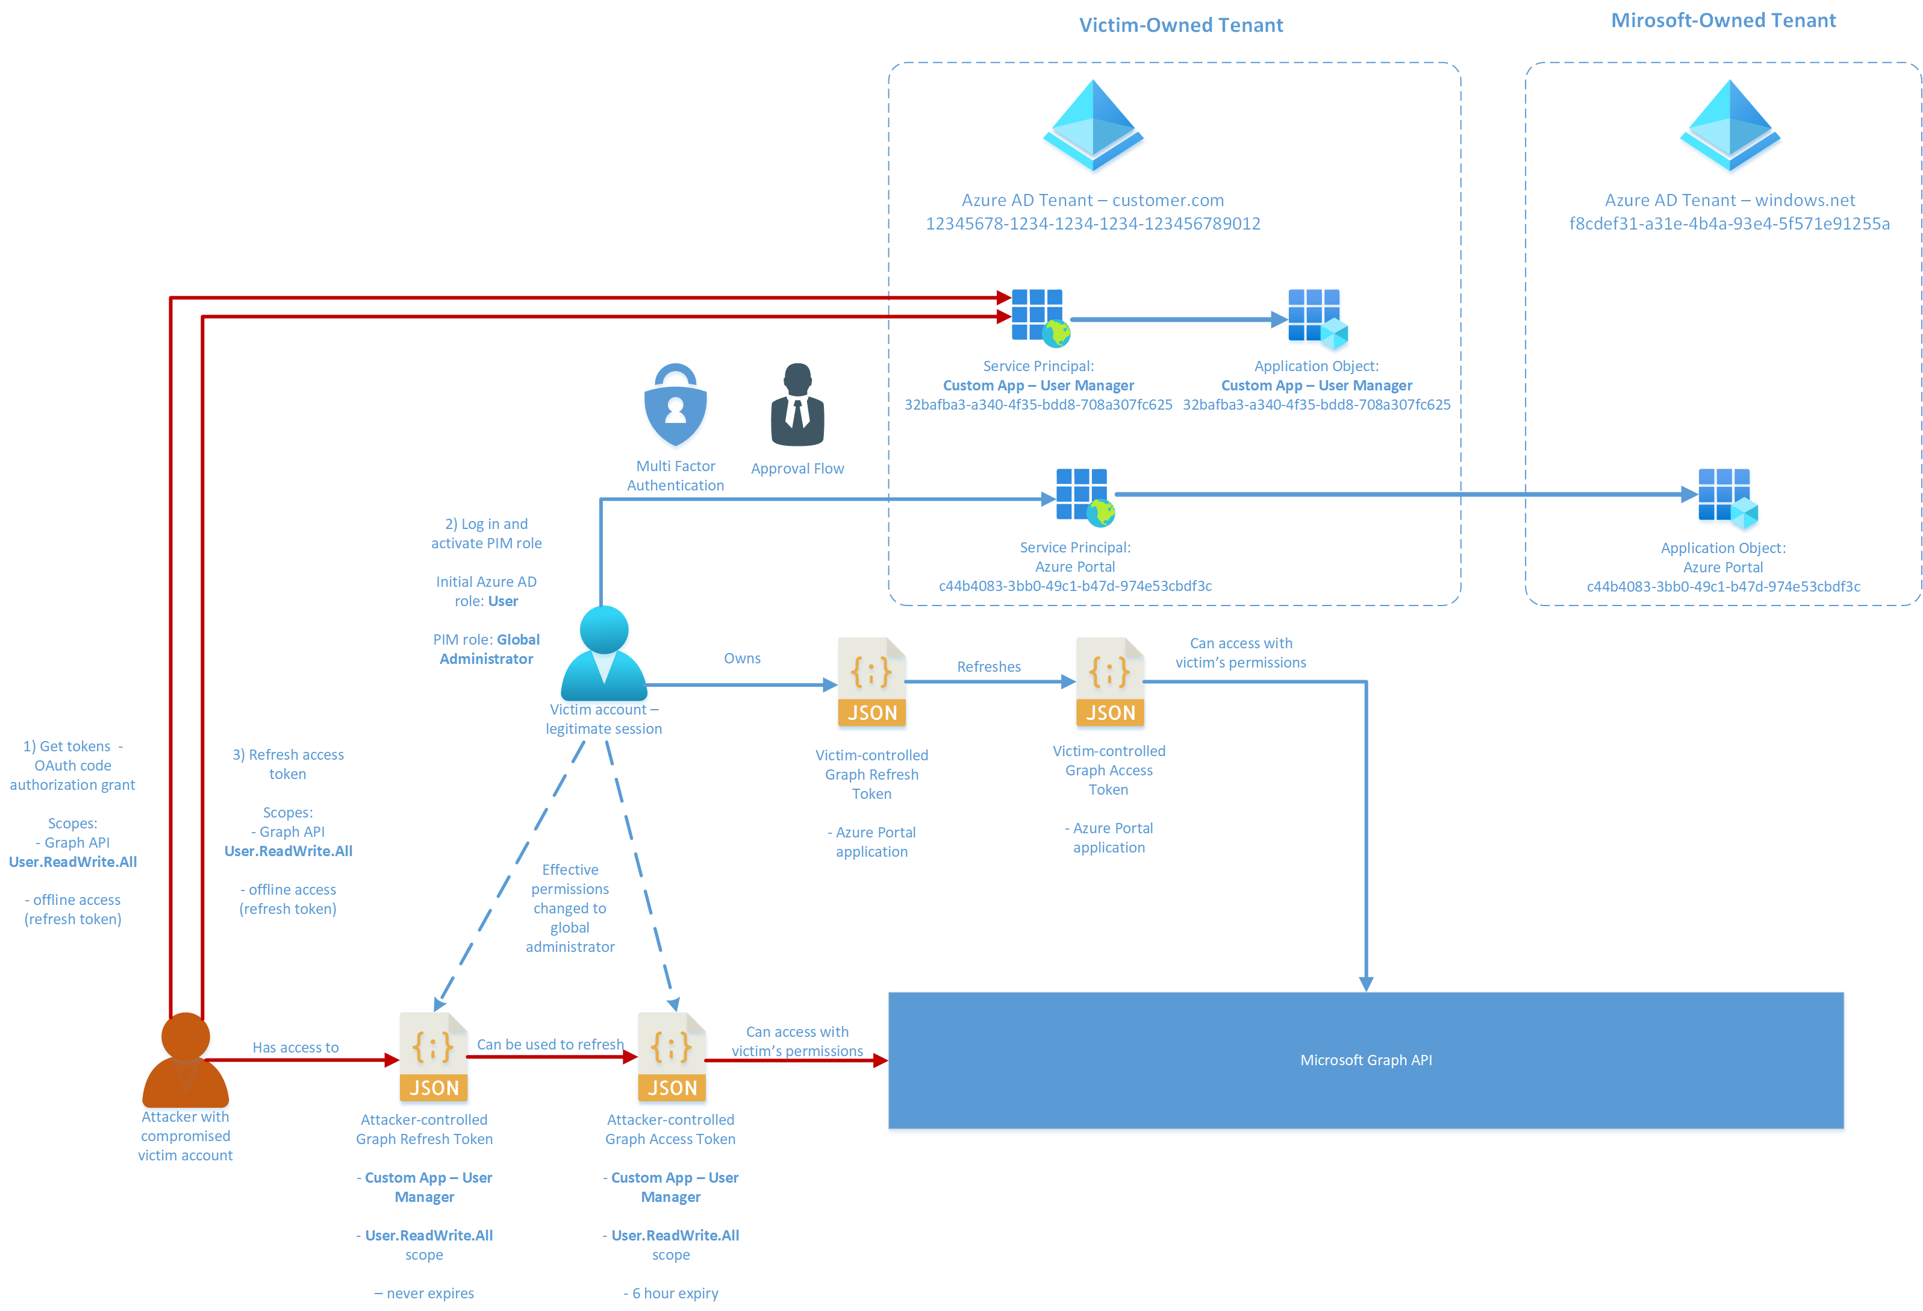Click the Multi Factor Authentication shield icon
675,405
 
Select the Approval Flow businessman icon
797,405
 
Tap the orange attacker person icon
185,1060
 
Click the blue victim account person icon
604,654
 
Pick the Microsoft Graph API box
1366,1060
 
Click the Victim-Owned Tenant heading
1181,25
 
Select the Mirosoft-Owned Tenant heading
1724,20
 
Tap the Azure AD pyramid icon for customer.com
1093,126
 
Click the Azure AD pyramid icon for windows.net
1730,126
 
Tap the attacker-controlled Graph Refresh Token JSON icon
434,1057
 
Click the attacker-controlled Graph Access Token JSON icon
672,1057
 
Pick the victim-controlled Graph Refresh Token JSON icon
872,682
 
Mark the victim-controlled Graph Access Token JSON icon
1111,682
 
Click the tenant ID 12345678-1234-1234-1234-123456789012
1093,224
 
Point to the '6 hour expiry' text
675,1293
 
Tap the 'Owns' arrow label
742,658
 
